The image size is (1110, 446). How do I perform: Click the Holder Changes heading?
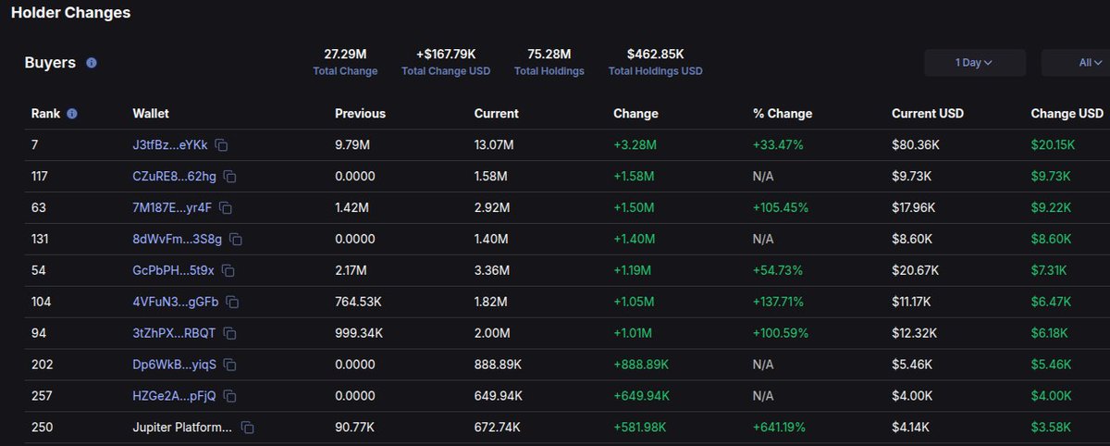[x=70, y=13]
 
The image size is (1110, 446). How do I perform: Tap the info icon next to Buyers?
[x=92, y=63]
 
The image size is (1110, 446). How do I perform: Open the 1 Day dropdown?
[x=974, y=63]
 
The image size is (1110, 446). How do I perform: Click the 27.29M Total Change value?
[x=345, y=55]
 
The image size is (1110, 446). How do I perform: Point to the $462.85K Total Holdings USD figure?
[x=655, y=55]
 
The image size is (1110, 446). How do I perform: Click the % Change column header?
[x=782, y=114]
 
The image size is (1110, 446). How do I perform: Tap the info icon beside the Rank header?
[x=72, y=114]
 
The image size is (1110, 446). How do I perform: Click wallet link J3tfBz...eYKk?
[x=170, y=145]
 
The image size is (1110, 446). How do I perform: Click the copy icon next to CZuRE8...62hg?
[x=230, y=177]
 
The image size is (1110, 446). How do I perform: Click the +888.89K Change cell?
[x=641, y=365]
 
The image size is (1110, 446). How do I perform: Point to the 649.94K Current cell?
[x=499, y=396]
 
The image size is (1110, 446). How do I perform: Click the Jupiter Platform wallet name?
[x=182, y=427]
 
